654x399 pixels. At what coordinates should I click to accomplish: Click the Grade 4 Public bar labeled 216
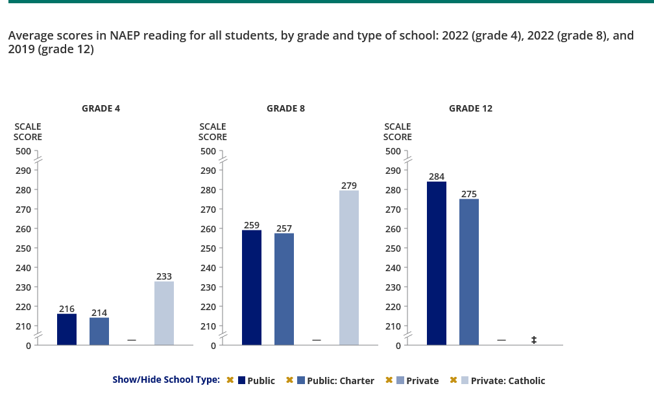pyautogui.click(x=67, y=330)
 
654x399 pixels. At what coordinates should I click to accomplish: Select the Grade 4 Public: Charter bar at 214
pyautogui.click(x=99, y=332)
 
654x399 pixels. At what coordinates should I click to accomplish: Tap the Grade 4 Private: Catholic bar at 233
pyautogui.click(x=164, y=313)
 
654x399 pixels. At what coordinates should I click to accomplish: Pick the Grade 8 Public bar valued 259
pyautogui.click(x=252, y=287)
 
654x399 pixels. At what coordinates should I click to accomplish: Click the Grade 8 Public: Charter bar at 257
pyautogui.click(x=284, y=289)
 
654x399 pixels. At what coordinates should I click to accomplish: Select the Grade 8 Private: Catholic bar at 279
pyautogui.click(x=349, y=267)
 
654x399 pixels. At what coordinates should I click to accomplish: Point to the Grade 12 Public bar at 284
pyautogui.click(x=437, y=263)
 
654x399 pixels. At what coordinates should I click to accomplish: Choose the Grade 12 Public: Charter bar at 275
pyautogui.click(x=469, y=272)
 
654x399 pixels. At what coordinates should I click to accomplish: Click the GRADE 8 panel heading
pyautogui.click(x=285, y=108)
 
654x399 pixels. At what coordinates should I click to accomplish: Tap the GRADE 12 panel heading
pyautogui.click(x=470, y=108)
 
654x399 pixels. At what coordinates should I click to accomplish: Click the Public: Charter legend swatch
pyautogui.click(x=301, y=380)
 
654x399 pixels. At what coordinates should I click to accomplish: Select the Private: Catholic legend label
pyautogui.click(x=508, y=381)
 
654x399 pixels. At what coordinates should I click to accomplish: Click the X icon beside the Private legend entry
pyautogui.click(x=389, y=380)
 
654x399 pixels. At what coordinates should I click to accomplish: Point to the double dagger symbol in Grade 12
pyautogui.click(x=534, y=340)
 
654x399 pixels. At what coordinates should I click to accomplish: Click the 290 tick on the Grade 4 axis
pyautogui.click(x=24, y=170)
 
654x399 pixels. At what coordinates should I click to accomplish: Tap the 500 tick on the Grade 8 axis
pyautogui.click(x=209, y=151)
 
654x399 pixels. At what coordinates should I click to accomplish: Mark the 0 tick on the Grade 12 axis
pyautogui.click(x=399, y=345)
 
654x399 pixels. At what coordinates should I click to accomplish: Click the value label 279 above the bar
pyautogui.click(x=349, y=186)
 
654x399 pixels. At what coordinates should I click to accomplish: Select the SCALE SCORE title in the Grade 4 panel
pyautogui.click(x=28, y=132)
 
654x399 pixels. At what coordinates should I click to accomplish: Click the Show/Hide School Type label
pyautogui.click(x=166, y=380)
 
